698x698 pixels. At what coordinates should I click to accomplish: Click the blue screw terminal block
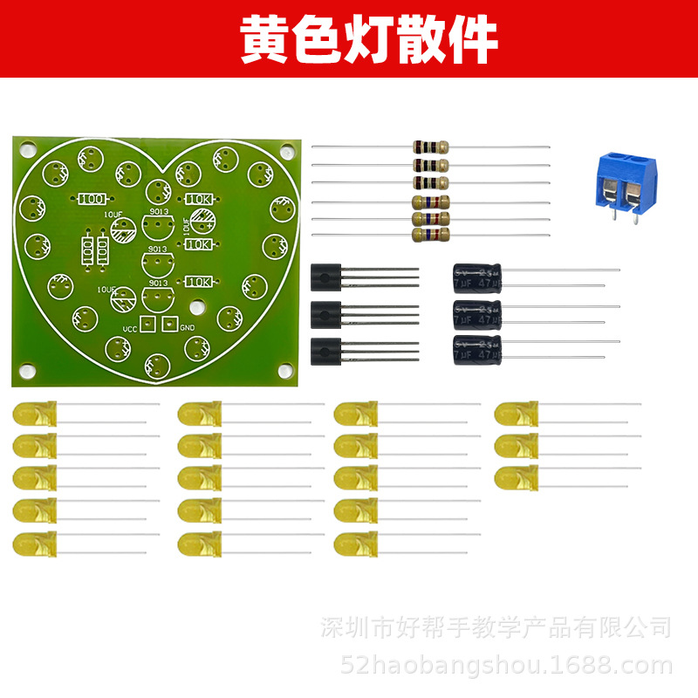(627, 182)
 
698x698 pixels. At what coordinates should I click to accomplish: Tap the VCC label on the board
(129, 329)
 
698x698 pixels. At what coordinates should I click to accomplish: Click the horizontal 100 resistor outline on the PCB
(92, 199)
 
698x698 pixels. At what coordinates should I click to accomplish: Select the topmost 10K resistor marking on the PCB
(200, 199)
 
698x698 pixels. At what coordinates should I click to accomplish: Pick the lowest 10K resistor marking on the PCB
(200, 282)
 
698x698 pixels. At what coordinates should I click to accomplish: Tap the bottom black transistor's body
(325, 350)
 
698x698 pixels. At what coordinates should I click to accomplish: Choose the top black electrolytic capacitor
(477, 278)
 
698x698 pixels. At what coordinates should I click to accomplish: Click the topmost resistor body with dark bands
(430, 147)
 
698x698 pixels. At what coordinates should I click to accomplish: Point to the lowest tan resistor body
(430, 234)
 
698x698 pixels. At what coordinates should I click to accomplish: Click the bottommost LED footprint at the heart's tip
(157, 365)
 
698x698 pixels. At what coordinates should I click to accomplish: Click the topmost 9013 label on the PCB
(158, 211)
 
